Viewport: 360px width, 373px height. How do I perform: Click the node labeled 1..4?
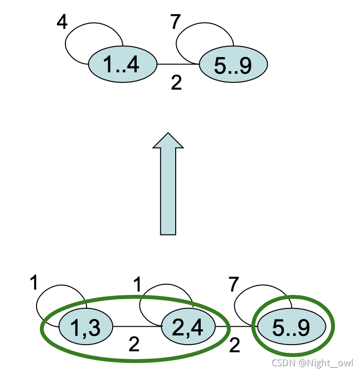coord(122,65)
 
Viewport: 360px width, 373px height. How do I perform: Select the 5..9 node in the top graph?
coord(232,65)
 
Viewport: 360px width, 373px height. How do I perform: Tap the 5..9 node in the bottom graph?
coord(291,327)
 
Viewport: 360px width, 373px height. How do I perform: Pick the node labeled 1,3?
coord(85,327)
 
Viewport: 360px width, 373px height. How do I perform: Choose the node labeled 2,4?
coord(188,327)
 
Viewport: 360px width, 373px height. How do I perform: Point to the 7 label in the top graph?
coord(176,21)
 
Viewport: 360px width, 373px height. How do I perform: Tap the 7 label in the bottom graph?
coord(234,285)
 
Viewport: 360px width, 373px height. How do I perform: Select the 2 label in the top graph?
coord(177,83)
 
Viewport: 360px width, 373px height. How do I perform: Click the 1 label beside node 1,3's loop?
coord(33,283)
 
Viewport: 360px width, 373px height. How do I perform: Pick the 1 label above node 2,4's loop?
coord(138,285)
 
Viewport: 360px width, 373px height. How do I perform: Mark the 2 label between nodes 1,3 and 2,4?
coord(134,344)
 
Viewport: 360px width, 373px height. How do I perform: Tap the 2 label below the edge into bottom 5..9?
coord(235,345)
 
